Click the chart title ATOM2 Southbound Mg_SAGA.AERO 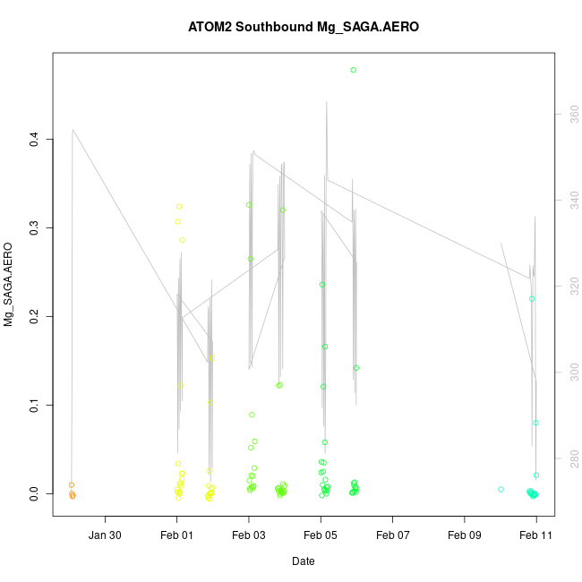(304, 27)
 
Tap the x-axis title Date (303, 561)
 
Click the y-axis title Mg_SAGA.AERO (9, 284)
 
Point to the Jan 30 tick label (106, 536)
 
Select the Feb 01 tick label (177, 536)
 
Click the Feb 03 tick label (249, 536)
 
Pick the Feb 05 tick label (321, 536)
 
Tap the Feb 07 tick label (392, 536)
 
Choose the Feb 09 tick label (465, 536)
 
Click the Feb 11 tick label (536, 536)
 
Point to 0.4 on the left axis (33, 140)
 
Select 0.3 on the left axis (33, 228)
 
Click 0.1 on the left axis (33, 406)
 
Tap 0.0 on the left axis (33, 494)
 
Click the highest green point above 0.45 (354, 70)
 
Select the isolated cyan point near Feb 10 (501, 489)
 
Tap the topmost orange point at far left (72, 485)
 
